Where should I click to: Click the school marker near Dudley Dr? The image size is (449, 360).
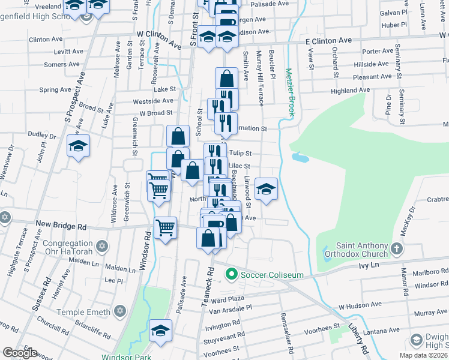pos(78,146)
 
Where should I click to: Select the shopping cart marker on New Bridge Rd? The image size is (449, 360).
pos(165,228)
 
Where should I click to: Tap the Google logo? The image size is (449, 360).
pos(20,353)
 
